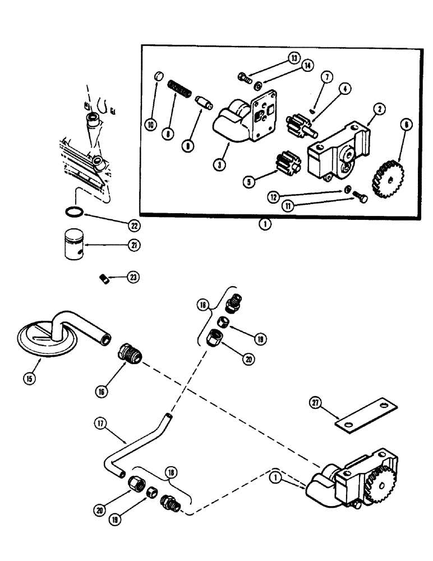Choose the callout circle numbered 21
pos(135,245)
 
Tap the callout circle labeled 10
pos(151,125)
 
